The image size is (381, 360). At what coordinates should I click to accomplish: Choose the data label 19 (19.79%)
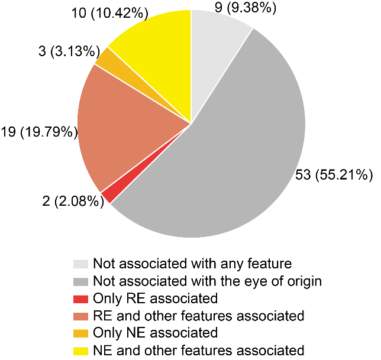(40, 132)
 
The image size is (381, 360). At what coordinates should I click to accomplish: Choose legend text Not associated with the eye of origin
(207, 281)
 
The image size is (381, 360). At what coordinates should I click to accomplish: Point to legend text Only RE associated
(156, 298)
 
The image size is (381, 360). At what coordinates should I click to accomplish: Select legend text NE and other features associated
(199, 350)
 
